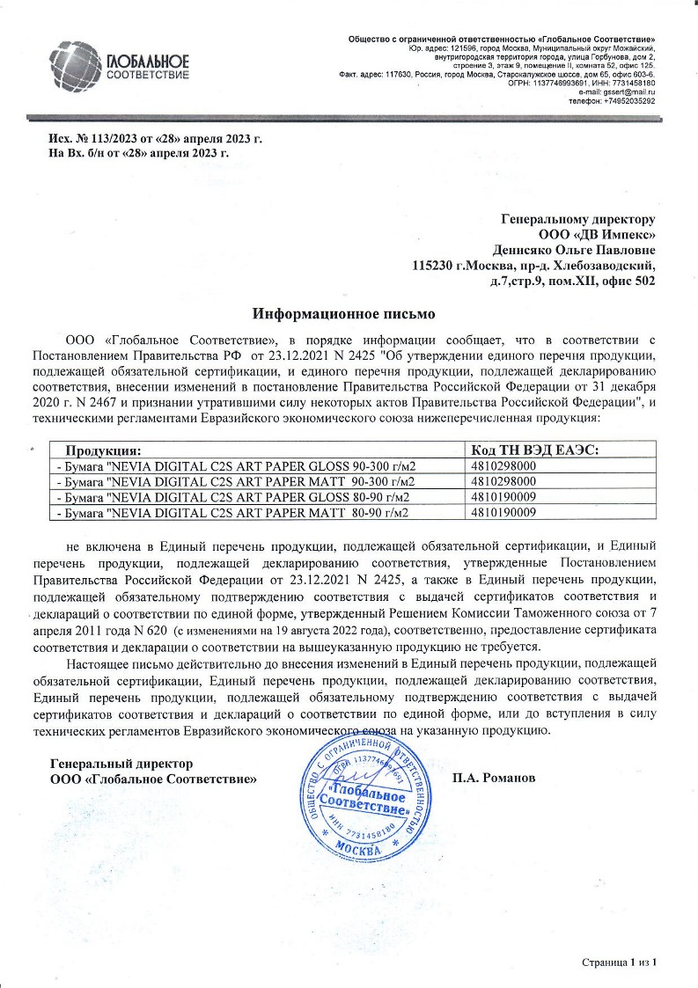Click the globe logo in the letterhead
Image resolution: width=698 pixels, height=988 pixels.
[x=77, y=65]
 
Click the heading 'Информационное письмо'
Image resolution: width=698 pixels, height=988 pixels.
[x=344, y=313]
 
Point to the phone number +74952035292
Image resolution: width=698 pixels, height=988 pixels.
[x=626, y=100]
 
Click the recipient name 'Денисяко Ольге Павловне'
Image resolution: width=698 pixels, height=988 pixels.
[x=573, y=249]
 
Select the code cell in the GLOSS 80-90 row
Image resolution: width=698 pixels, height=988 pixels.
[x=503, y=497]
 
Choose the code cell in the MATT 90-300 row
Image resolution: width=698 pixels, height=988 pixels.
[x=503, y=481]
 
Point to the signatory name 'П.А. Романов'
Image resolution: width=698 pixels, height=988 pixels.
[x=493, y=779]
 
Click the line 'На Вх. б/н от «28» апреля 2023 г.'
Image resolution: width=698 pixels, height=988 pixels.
[x=139, y=153]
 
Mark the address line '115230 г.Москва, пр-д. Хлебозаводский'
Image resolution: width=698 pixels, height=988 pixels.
[x=534, y=265]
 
